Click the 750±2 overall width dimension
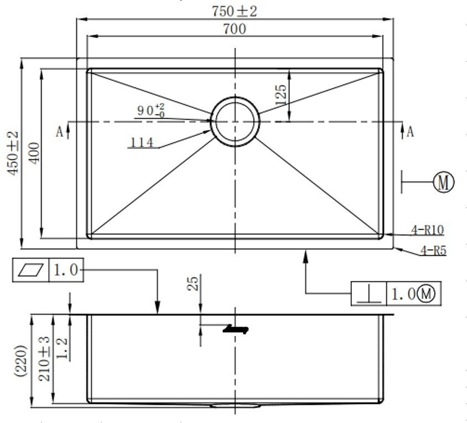[235, 11]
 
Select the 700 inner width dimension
[235, 29]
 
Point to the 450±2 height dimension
[13, 153]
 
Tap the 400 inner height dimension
[34, 153]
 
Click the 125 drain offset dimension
[281, 95]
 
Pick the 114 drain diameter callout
[142, 142]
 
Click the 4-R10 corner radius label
[428, 230]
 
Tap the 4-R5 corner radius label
[433, 250]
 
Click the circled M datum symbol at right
[443, 182]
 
